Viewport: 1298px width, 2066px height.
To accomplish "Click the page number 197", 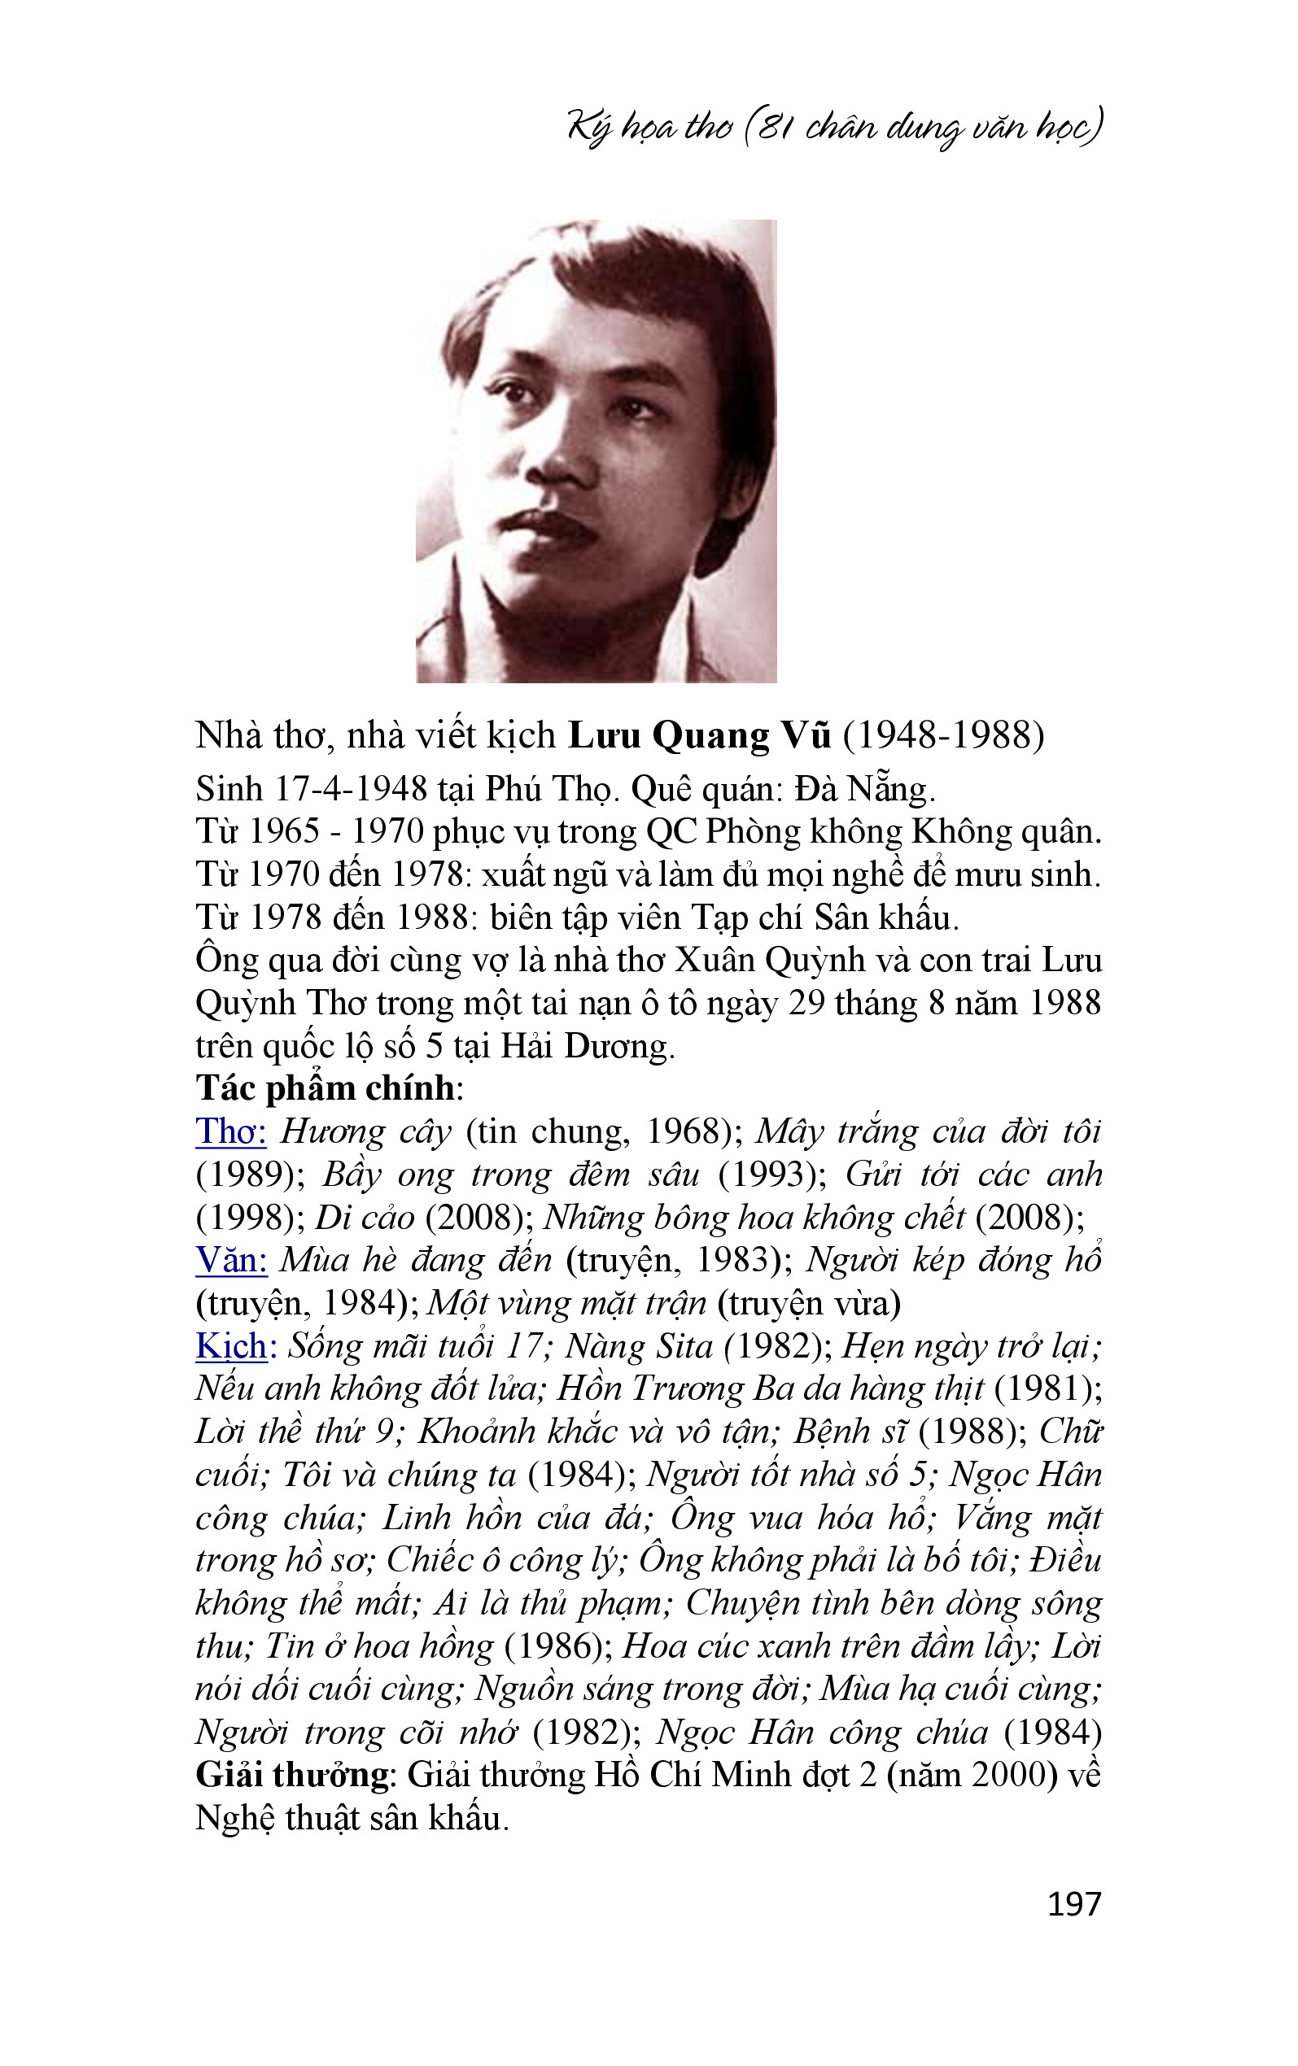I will tap(1073, 1904).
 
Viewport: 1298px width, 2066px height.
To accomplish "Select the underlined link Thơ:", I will tap(231, 1131).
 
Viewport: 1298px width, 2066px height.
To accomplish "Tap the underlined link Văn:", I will tap(231, 1261).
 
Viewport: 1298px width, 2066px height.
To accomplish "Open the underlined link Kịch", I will tap(231, 1346).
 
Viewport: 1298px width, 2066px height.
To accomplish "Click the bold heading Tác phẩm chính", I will tap(326, 1089).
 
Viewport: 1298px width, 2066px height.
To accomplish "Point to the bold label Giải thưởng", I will tap(292, 1775).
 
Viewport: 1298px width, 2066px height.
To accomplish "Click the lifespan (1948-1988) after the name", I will tap(942, 736).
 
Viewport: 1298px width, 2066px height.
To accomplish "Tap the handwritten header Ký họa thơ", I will tap(650, 127).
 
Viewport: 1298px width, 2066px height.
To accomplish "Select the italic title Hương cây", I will tap(365, 1131).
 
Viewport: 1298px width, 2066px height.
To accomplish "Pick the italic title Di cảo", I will tap(365, 1218).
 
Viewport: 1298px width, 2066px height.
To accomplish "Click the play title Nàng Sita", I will tap(639, 1346).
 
